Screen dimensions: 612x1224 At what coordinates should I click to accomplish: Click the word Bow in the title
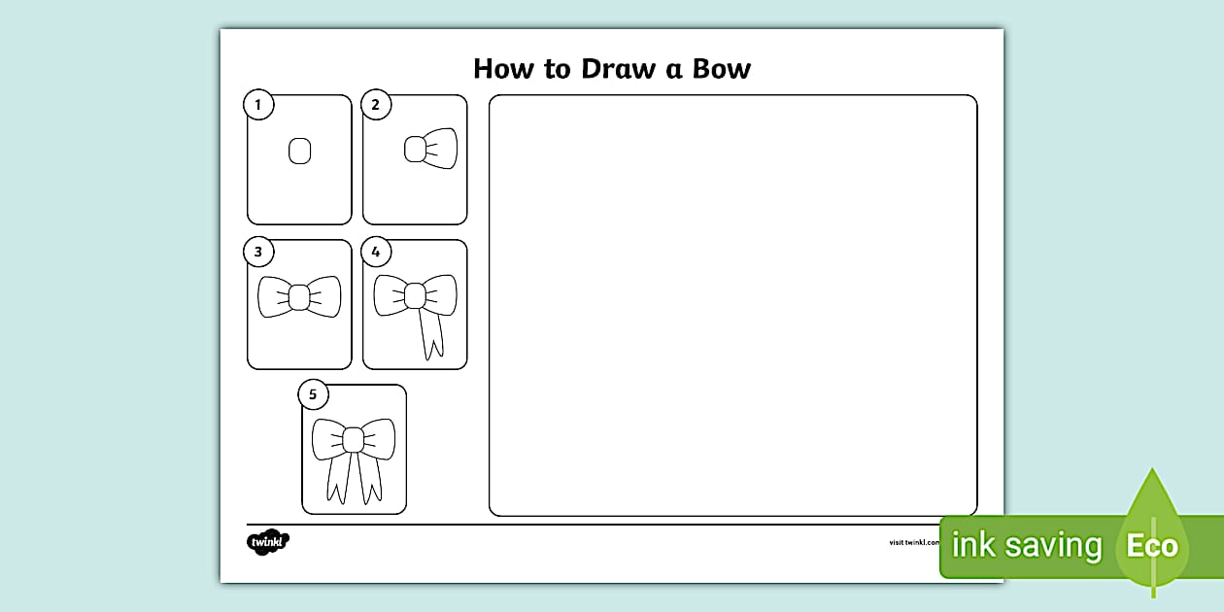pyautogui.click(x=721, y=69)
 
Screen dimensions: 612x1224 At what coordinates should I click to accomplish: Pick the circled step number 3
pyautogui.click(x=258, y=253)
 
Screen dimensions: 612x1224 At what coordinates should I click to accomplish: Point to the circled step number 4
pyautogui.click(x=375, y=253)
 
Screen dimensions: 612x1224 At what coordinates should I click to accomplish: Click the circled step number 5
pyautogui.click(x=313, y=394)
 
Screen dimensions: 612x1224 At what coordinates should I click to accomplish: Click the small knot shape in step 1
pyautogui.click(x=299, y=151)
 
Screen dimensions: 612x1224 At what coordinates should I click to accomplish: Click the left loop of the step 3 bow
pyautogui.click(x=273, y=296)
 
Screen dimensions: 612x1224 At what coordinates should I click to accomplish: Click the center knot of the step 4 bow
pyautogui.click(x=416, y=294)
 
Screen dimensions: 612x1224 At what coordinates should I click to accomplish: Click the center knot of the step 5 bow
pyautogui.click(x=354, y=440)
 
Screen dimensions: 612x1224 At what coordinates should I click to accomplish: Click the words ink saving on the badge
pyautogui.click(x=1026, y=546)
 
